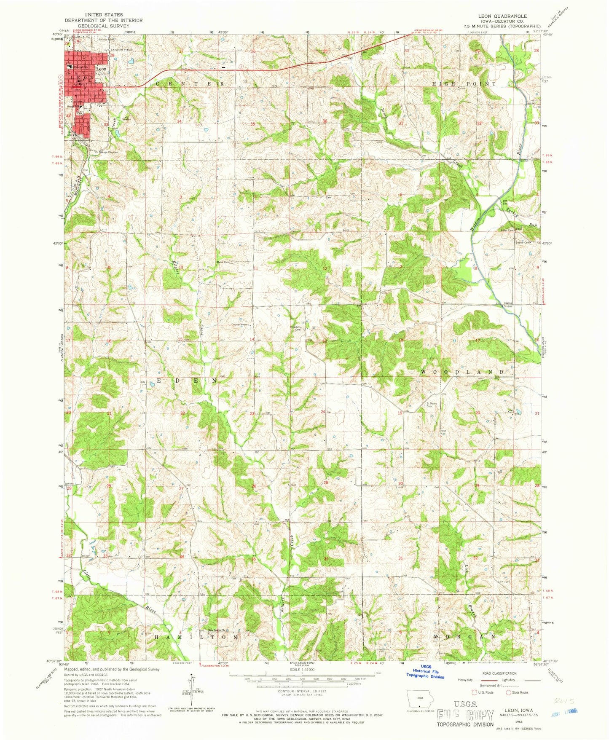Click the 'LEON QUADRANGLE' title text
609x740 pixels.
click(502, 16)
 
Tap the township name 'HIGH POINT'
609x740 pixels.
click(464, 84)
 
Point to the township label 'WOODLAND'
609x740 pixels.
click(463, 372)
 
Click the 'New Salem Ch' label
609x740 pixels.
click(218, 630)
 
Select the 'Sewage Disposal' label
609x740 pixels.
click(108, 152)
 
